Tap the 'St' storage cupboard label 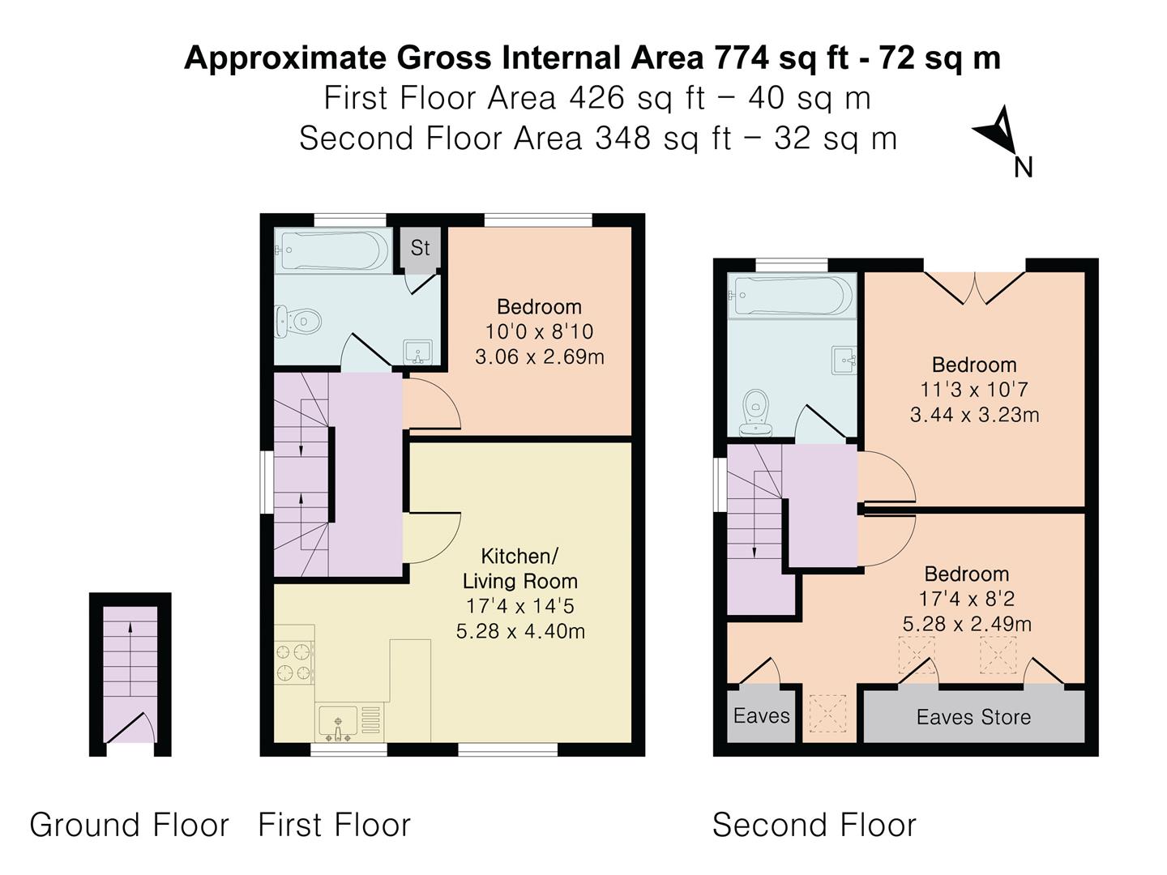pos(420,248)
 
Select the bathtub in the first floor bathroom pos(333,250)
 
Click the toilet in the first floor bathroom pos(298,321)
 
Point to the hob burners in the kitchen pos(294,663)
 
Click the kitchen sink pos(338,723)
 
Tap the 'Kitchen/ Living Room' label pos(520,569)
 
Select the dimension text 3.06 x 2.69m pos(540,356)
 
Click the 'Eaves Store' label pos(973,717)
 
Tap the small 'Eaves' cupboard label pos(761,715)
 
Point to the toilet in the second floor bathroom pos(755,413)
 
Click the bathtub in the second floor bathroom pos(792,296)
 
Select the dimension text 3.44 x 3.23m pos(975,414)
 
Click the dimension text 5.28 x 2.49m pos(967,624)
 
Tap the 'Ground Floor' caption pos(129,825)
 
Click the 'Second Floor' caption pos(814,825)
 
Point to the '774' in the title pos(742,58)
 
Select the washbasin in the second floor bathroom pos(844,361)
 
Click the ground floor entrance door pos(130,728)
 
